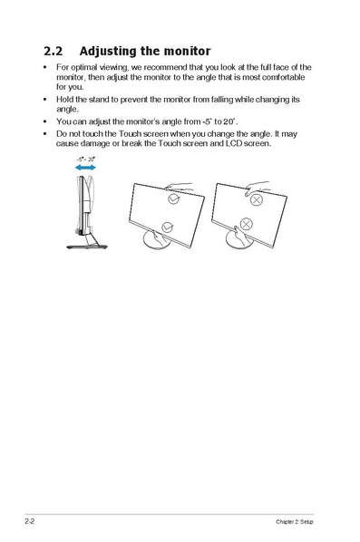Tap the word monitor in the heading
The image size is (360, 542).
[x=185, y=51]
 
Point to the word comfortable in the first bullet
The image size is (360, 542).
[x=287, y=77]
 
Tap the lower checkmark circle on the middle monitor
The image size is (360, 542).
[x=166, y=226]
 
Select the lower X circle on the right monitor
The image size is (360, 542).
[x=245, y=226]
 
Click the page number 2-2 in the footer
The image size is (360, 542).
[x=31, y=523]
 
